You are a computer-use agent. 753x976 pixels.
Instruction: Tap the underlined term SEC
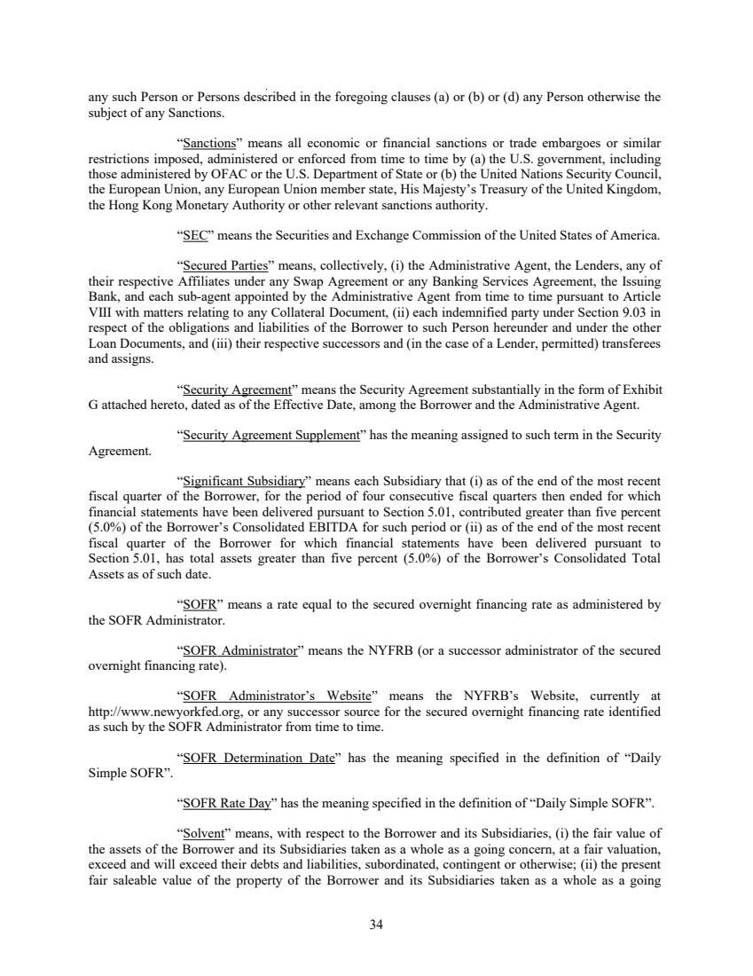click(x=192, y=237)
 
